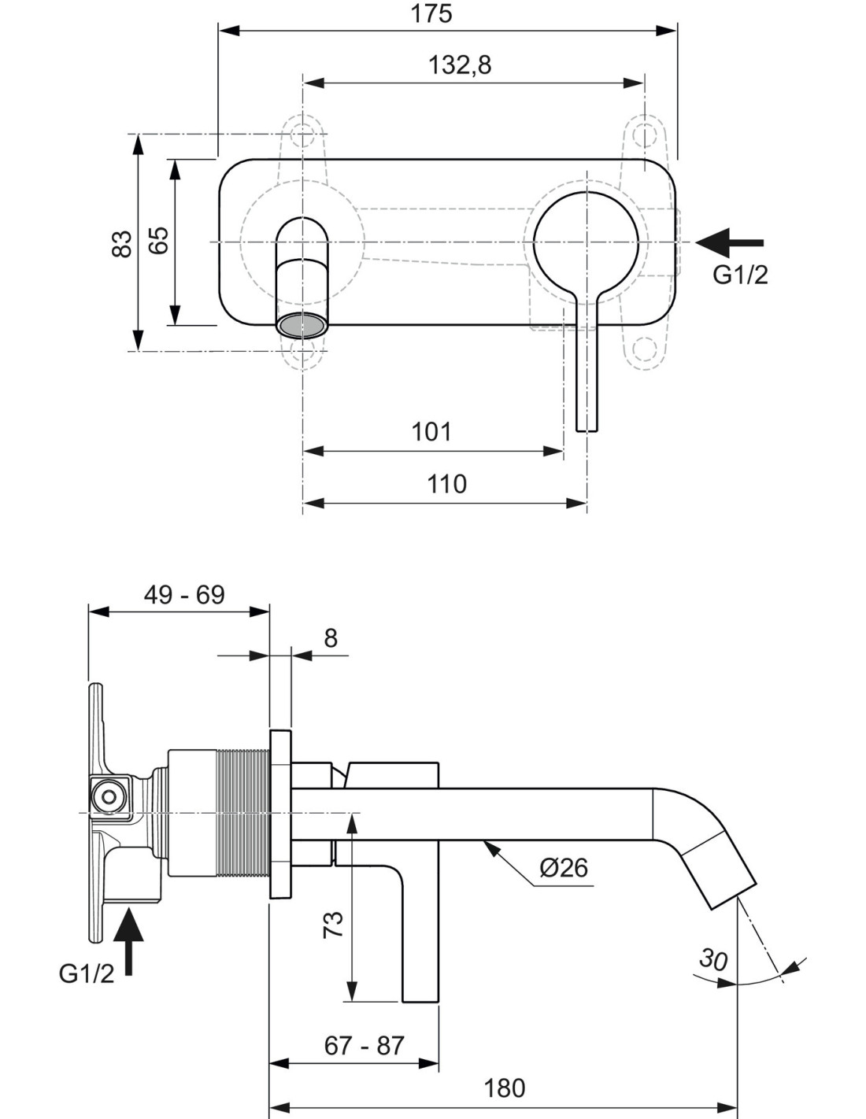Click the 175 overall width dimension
coord(431,13)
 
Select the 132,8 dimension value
coord(460,65)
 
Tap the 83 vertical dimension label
coord(122,244)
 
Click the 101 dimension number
coord(431,431)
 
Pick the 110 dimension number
coord(446,484)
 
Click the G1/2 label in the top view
coord(740,275)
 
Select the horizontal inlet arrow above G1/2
coord(730,242)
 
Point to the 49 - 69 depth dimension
coord(184,595)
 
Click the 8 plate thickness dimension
coord(331,638)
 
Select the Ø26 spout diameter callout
coord(563,868)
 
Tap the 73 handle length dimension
coord(333,925)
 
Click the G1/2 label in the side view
coord(87,973)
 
